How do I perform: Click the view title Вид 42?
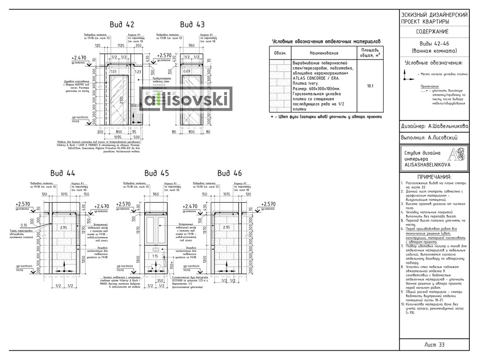pyautogui.click(x=121, y=25)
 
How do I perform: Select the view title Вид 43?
pyautogui.click(x=192, y=25)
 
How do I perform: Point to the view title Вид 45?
pyautogui.click(x=157, y=173)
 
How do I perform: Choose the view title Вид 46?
pyautogui.click(x=229, y=173)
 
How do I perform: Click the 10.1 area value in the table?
pyautogui.click(x=370, y=86)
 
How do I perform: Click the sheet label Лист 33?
pyautogui.click(x=434, y=345)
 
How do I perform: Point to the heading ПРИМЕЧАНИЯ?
pyautogui.click(x=434, y=177)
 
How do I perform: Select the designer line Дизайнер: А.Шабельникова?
pyautogui.click(x=434, y=126)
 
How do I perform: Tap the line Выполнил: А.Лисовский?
pyautogui.click(x=429, y=138)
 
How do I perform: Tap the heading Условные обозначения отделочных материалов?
pyautogui.click(x=327, y=41)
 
